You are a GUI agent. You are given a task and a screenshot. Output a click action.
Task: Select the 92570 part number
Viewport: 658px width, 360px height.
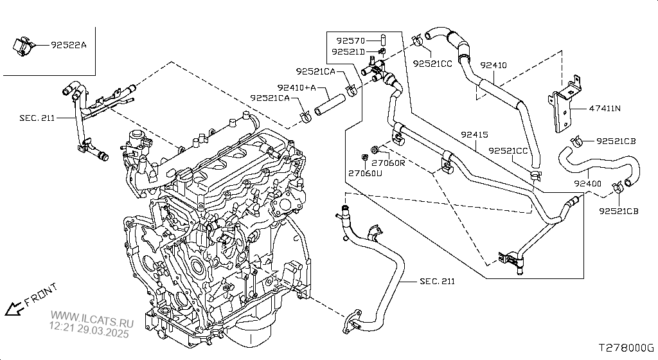pos(351,40)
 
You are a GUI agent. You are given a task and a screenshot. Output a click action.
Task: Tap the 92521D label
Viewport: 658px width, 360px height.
pos(348,51)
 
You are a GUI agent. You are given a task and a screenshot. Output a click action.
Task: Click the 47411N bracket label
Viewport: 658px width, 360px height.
pos(605,108)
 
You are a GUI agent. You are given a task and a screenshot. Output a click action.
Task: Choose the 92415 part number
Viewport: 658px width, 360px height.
pos(474,135)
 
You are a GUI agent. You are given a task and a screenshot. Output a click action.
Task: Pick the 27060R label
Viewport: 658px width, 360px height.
pos(388,163)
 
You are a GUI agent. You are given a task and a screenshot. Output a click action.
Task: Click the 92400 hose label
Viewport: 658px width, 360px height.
pos(587,183)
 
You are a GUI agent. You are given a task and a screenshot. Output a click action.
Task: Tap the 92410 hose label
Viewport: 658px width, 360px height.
pos(493,66)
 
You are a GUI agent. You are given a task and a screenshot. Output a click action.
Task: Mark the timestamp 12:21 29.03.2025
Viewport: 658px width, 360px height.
pos(89,334)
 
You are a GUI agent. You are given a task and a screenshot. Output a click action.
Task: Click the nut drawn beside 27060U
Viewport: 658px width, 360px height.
pos(363,157)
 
